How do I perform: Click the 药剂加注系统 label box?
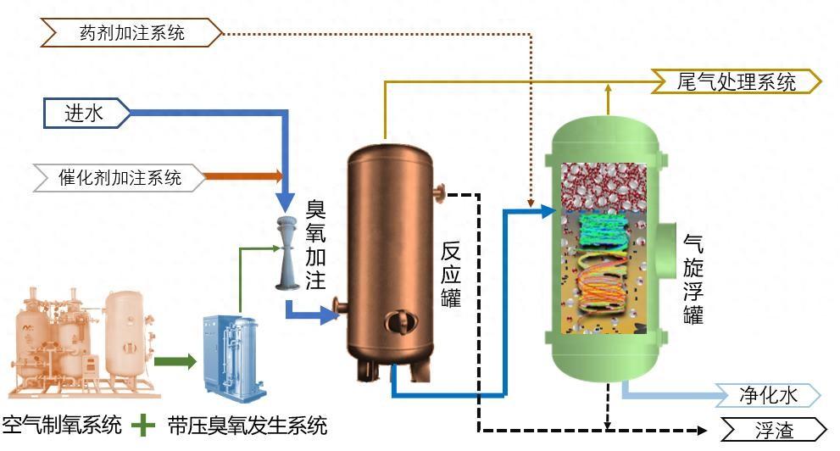point(131,33)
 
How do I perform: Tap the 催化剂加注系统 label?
point(120,178)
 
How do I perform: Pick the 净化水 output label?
point(768,395)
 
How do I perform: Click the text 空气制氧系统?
point(63,425)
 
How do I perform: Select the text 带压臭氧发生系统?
point(247,425)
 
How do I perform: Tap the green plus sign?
point(146,424)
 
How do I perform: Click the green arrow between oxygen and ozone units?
point(174,362)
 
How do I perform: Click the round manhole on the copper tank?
point(398,323)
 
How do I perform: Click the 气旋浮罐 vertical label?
point(693,279)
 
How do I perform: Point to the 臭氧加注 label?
point(315,244)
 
